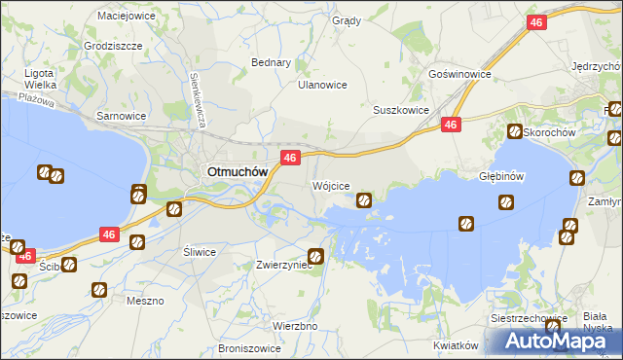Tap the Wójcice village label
[x=330, y=185]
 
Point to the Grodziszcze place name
[x=114, y=46]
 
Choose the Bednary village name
[x=272, y=62]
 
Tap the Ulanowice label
[x=322, y=85]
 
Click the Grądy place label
[x=346, y=20]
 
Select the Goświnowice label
[x=459, y=74]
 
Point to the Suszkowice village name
[x=401, y=111]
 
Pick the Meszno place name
[x=145, y=301]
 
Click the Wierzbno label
[x=295, y=326]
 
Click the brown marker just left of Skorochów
[x=513, y=131]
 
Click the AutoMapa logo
[x=552, y=341]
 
